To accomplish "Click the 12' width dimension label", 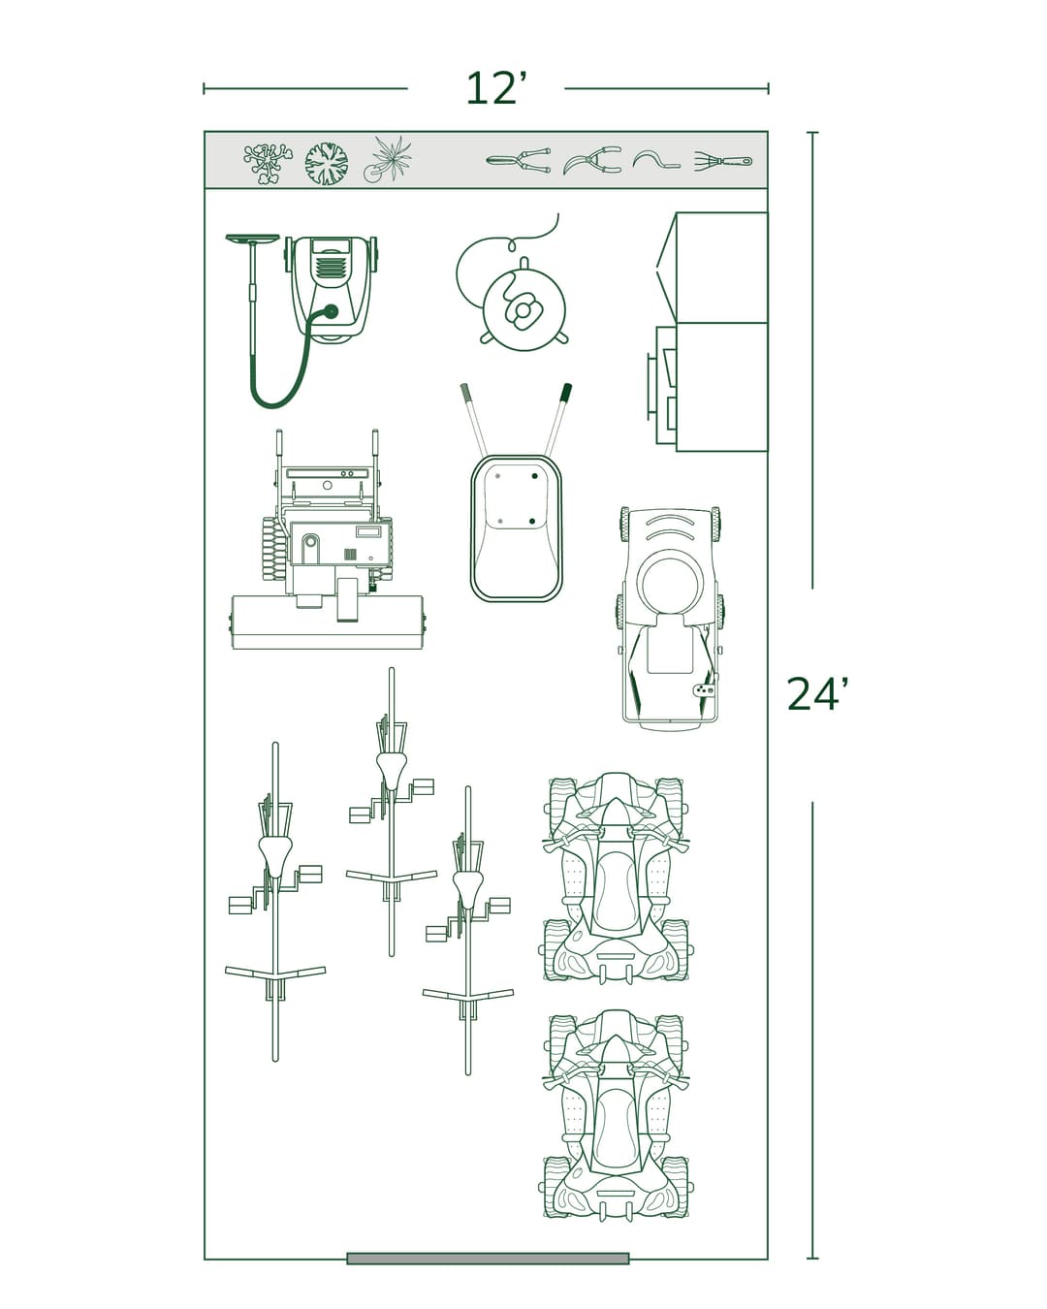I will (495, 89).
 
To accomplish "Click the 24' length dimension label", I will (817, 694).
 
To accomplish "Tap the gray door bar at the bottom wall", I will (488, 1259).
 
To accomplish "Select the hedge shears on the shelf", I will (518, 160).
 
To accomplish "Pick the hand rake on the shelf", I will (723, 160).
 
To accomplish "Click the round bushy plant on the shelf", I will (327, 163).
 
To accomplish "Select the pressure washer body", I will (331, 286).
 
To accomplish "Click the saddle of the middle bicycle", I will (392, 768).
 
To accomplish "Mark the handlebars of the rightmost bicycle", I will (468, 994).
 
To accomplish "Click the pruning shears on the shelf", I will (593, 160).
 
